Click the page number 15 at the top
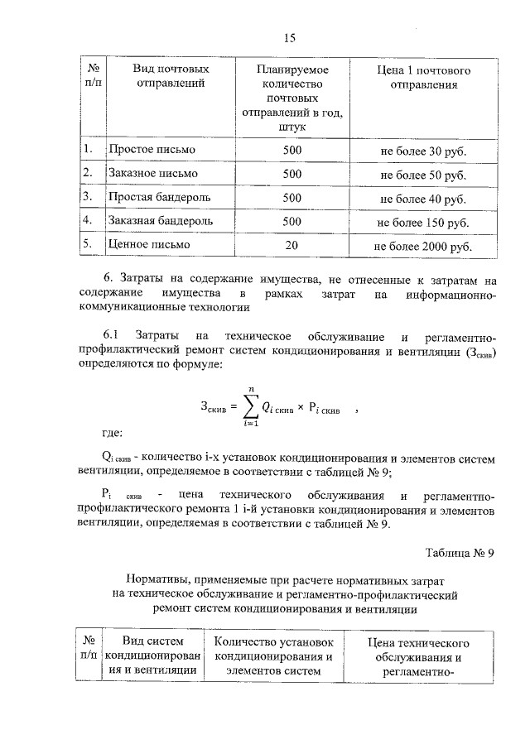[289, 38]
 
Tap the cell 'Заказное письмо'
[152, 174]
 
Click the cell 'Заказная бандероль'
[161, 221]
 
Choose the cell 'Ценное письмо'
[148, 245]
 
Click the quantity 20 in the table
[291, 245]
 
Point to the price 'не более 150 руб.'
[422, 223]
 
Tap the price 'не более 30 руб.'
[422, 151]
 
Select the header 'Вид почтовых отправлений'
[171, 75]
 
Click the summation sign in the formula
[247, 406]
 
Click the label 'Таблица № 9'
[460, 554]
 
